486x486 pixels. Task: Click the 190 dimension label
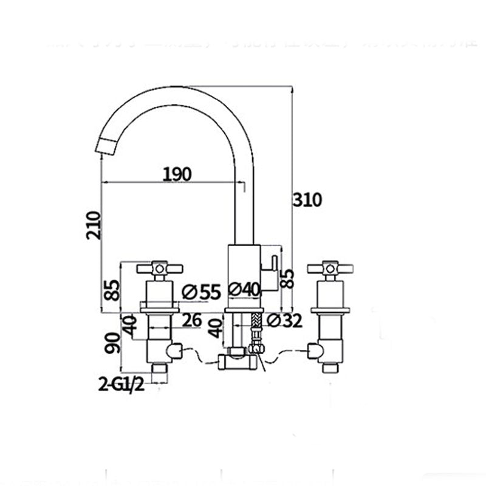[177, 174]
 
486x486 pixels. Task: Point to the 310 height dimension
[308, 200]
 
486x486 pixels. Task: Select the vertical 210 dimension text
[93, 225]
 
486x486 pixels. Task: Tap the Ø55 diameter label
[200, 292]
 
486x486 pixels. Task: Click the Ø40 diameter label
[244, 290]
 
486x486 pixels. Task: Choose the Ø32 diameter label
[284, 320]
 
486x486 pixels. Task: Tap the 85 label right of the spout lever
[289, 278]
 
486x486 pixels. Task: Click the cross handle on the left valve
[159, 267]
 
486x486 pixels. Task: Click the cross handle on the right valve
[330, 267]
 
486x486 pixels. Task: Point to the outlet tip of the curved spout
[106, 146]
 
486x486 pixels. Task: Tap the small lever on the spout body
[273, 265]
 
